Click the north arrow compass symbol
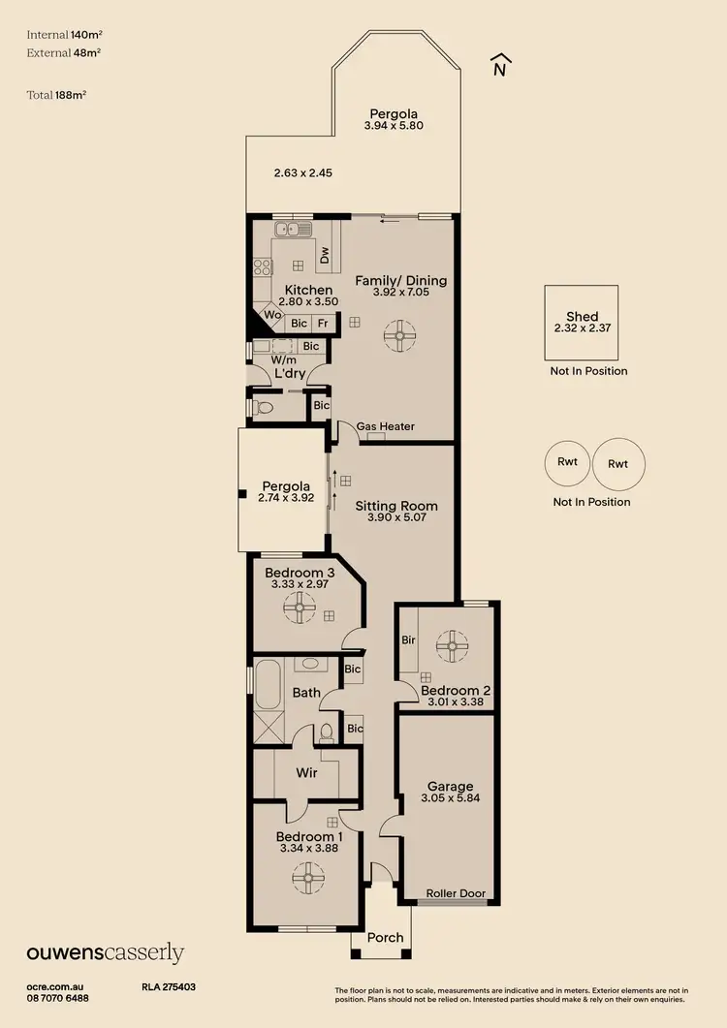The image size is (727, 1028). (500, 64)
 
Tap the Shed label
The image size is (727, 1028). (582, 317)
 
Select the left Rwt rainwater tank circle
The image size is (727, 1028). (568, 462)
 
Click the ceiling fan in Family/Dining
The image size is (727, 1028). (397, 336)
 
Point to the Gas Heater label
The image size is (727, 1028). (385, 426)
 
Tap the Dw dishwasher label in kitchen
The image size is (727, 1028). (326, 255)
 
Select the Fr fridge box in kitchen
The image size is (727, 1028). (322, 324)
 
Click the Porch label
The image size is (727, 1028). (385, 937)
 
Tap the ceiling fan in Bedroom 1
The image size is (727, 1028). (306, 880)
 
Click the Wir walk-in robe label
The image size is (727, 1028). (307, 773)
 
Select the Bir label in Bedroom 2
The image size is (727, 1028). (408, 640)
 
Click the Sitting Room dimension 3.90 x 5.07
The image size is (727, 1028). (395, 518)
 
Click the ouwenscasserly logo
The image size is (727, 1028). (105, 953)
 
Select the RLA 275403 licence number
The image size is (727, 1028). (169, 987)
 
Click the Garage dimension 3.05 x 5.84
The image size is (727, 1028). (451, 799)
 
